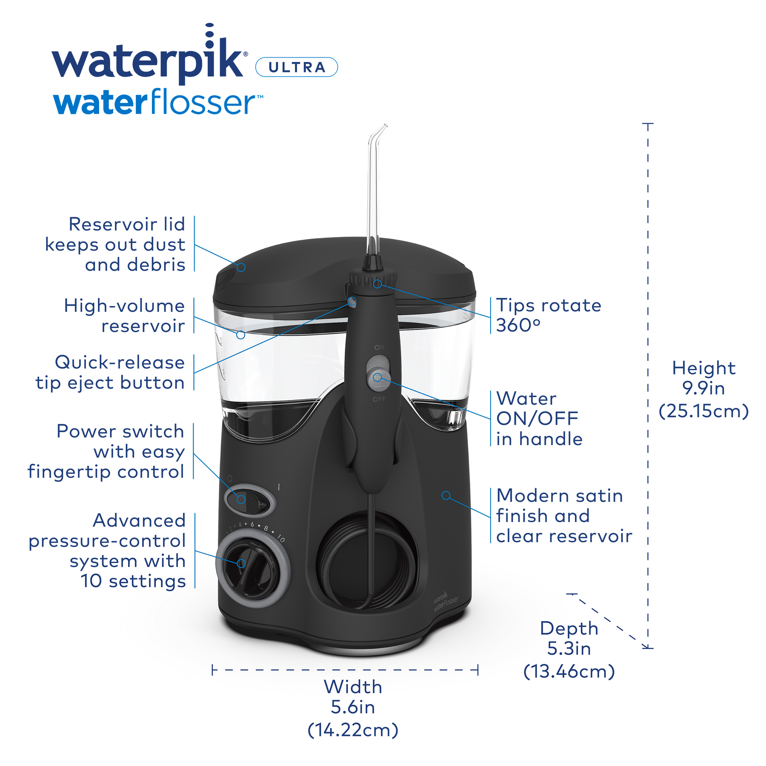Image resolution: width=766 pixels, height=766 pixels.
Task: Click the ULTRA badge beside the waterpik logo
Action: tap(296, 67)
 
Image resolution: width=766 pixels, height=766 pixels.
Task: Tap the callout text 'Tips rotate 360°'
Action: tap(549, 315)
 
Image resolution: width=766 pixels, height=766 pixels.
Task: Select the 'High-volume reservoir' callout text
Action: tap(124, 316)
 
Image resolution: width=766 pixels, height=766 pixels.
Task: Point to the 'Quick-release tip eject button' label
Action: tap(110, 372)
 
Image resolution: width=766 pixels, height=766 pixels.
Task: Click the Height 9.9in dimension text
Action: tap(703, 389)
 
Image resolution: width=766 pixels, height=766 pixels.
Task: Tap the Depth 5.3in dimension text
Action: tap(569, 650)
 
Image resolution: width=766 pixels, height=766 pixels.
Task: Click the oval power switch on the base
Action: tap(250, 500)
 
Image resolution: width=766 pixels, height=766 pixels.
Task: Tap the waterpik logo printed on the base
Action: tap(446, 600)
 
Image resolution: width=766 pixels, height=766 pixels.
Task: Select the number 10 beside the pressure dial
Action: tap(280, 538)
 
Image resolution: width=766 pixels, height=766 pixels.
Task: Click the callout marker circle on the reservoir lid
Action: tap(241, 267)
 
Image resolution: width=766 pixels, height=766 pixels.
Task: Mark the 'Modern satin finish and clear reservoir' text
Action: tap(564, 516)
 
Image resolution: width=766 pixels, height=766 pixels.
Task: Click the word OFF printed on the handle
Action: tap(379, 399)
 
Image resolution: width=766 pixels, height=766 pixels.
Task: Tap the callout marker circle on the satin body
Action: tap(446, 495)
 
